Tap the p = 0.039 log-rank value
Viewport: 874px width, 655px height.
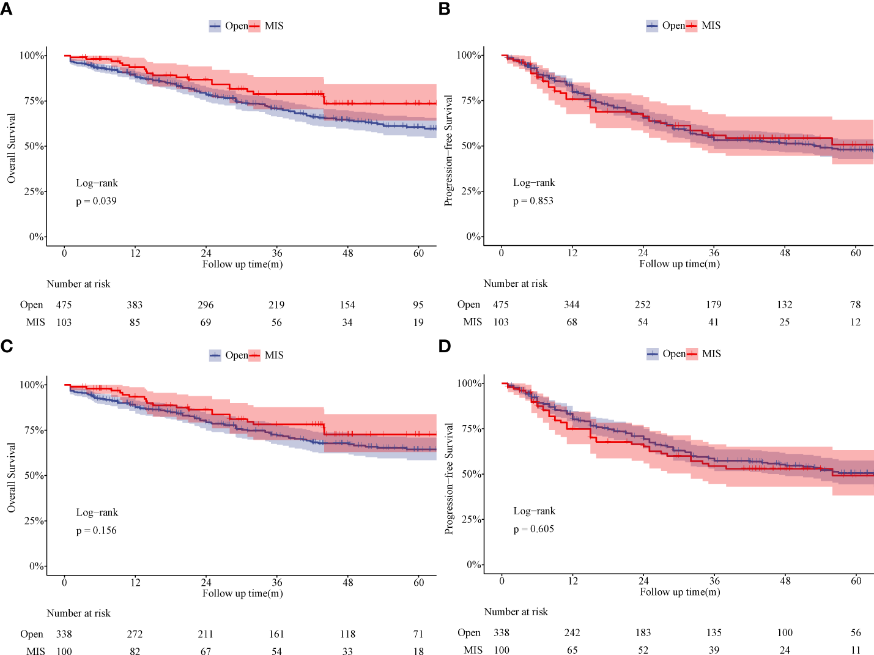[x=96, y=201]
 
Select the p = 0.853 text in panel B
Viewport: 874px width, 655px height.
[x=533, y=201]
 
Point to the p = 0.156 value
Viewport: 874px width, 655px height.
[x=96, y=530]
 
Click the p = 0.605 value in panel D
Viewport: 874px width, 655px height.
[x=533, y=529]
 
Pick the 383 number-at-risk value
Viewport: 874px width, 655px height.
[x=135, y=305]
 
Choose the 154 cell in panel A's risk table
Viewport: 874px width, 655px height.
[x=347, y=305]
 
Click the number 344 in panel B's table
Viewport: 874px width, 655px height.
[x=572, y=305]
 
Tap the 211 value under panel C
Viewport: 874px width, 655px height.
[x=206, y=634]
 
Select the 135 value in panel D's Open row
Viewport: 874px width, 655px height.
[x=714, y=632]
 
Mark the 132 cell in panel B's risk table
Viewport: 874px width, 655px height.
[x=785, y=305]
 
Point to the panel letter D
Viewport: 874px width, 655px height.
[x=445, y=346]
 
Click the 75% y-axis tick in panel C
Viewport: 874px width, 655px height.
[x=34, y=430]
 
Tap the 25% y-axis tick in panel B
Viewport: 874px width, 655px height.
[x=472, y=191]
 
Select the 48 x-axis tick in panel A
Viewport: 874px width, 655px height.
[x=347, y=253]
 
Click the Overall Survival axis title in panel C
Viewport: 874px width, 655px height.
[x=12, y=478]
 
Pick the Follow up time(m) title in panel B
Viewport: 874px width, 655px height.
[x=680, y=264]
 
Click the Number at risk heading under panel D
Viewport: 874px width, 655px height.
[x=516, y=612]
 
